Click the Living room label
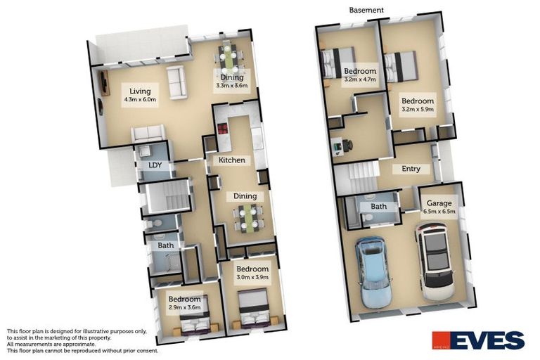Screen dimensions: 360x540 [139, 91]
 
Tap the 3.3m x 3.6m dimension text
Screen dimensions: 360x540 [232, 86]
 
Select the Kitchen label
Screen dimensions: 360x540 [232, 160]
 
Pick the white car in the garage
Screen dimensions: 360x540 [435, 261]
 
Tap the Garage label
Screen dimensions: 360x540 [439, 201]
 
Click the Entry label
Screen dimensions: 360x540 [411, 169]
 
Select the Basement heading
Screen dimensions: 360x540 [366, 10]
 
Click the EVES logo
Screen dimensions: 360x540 [477, 340]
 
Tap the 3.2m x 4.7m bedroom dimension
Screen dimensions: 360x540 [359, 79]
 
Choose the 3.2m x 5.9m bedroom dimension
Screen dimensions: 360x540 [417, 109]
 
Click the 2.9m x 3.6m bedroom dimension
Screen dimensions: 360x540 [184, 307]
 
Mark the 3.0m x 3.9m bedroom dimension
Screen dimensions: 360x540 [252, 278]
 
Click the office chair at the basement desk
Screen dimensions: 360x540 [347, 146]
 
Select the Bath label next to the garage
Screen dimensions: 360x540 [379, 206]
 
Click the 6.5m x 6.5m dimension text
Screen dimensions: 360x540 [439, 210]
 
